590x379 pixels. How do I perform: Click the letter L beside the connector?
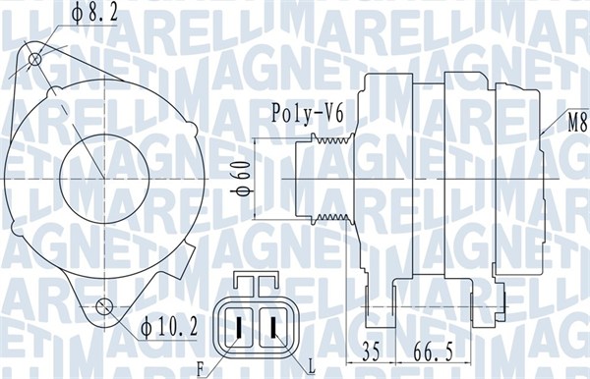312,366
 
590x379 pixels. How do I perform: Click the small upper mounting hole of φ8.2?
36,60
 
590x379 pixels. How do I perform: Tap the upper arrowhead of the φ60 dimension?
257,144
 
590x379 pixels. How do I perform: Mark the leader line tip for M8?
544,133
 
